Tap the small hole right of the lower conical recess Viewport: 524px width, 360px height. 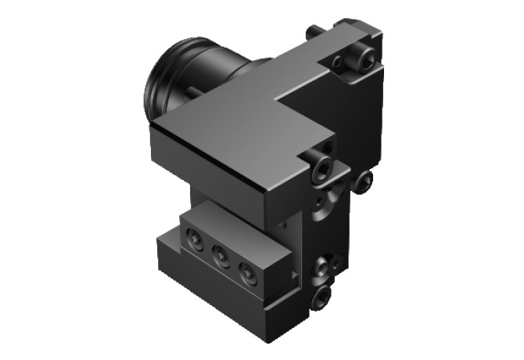click(x=336, y=262)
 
